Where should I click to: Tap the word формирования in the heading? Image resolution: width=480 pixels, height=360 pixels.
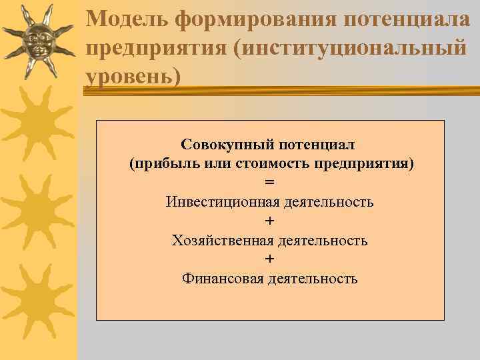(257, 17)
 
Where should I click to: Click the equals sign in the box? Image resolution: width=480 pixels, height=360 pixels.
(269, 182)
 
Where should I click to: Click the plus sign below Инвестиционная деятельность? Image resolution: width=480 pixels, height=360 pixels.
(269, 221)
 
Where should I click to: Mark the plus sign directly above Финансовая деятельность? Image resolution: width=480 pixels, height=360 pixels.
(269, 259)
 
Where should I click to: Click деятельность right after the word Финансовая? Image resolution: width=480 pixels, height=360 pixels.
(313, 278)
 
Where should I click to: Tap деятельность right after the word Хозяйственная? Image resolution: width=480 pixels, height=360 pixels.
(323, 240)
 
